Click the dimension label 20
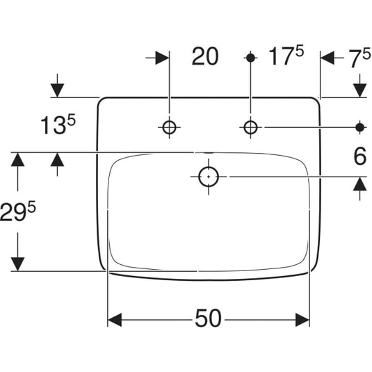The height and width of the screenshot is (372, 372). (x=205, y=56)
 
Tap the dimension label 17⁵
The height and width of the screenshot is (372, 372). (x=286, y=56)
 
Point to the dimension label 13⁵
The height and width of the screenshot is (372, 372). (x=58, y=124)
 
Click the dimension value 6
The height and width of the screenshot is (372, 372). (x=360, y=156)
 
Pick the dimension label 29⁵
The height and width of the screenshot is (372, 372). (x=18, y=211)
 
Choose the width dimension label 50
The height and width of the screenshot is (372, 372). (x=208, y=318)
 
